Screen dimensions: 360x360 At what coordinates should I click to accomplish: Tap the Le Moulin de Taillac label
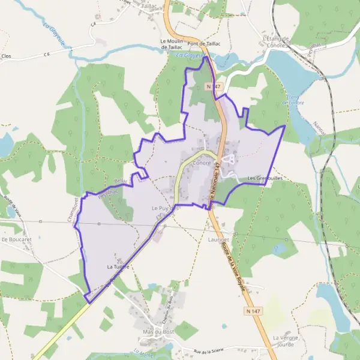(171, 44)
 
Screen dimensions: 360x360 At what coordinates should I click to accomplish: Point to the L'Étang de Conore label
(276, 41)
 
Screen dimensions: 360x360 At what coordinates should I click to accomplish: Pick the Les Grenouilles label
(265, 178)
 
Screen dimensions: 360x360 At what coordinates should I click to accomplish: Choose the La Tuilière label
(119, 265)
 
